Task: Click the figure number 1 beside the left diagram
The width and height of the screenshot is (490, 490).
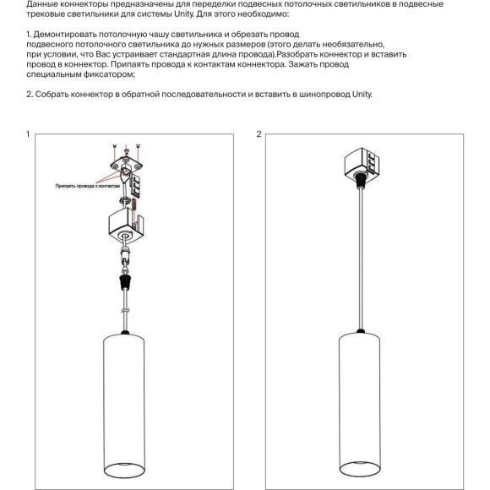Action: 29,134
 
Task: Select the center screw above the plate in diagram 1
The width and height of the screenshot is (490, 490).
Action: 126,147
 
